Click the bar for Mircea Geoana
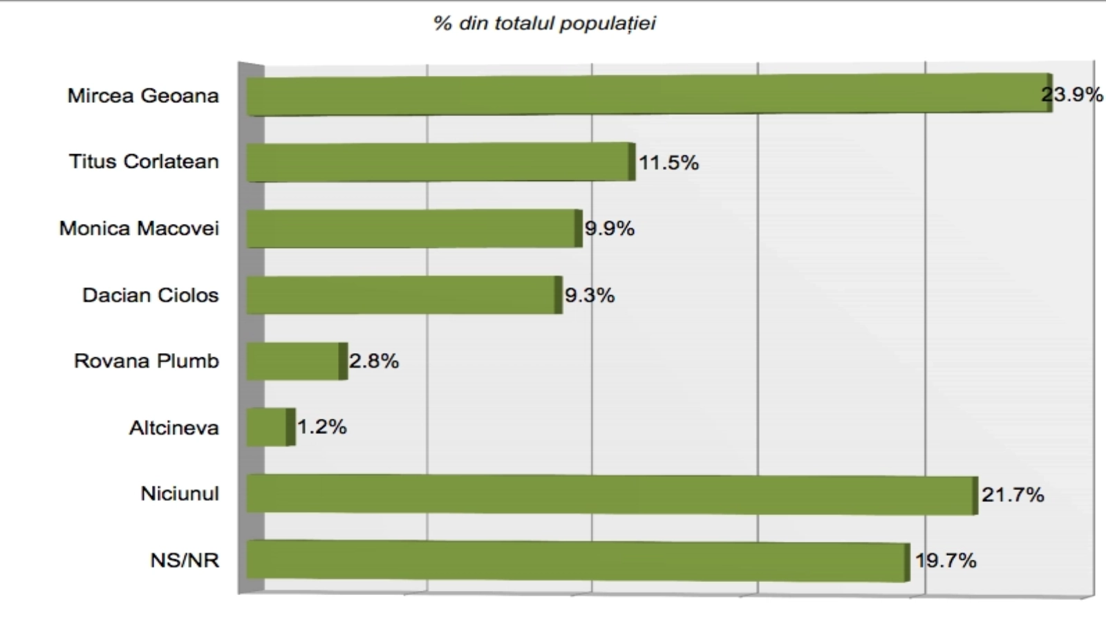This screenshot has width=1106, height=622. [x=648, y=95]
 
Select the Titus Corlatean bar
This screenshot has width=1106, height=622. [x=440, y=162]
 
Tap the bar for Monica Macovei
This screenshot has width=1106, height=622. [x=414, y=229]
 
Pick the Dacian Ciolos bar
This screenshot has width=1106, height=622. [x=404, y=295]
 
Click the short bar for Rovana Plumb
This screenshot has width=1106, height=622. [x=297, y=361]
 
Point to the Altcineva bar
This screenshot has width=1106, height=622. [x=270, y=427]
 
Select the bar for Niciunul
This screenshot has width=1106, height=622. [x=612, y=494]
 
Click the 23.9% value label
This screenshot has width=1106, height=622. [x=1072, y=95]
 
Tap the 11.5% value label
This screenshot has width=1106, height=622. [x=668, y=163]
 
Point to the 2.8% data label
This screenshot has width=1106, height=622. [x=374, y=361]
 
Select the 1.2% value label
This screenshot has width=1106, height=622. [x=322, y=427]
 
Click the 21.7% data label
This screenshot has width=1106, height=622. [x=1013, y=495]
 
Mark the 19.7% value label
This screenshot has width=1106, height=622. [x=946, y=560]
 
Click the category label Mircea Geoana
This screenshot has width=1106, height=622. [x=143, y=95]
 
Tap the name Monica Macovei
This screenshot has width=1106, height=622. [x=139, y=229]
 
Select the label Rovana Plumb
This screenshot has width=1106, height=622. [x=147, y=361]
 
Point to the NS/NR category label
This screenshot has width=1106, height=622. [x=185, y=560]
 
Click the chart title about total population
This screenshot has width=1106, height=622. [x=545, y=23]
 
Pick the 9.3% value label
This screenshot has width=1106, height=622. [x=590, y=296]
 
